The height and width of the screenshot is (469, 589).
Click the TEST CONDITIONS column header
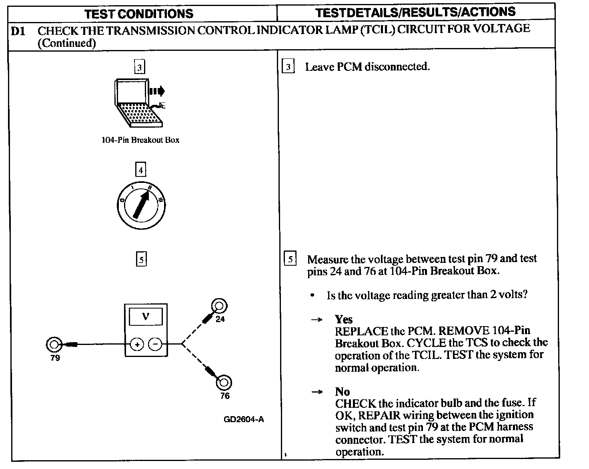pos(139,14)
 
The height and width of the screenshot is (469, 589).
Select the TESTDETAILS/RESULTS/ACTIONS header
pos(415,12)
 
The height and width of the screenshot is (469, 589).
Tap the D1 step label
pos(18,31)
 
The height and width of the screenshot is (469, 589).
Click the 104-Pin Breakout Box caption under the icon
pos(140,140)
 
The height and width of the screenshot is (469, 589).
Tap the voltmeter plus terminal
pos(137,344)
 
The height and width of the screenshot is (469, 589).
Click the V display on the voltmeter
pos(146,317)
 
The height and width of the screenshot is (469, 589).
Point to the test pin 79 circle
pos(54,344)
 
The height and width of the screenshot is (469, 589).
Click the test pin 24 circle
pos(219,306)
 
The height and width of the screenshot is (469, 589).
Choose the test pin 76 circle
pos(223,382)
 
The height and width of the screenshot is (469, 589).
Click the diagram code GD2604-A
pos(244,419)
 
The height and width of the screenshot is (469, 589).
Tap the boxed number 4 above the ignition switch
pos(140,170)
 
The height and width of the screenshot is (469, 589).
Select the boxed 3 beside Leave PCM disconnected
pos(288,67)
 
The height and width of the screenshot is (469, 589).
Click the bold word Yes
pos(344,319)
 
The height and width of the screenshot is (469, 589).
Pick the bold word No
pos(342,392)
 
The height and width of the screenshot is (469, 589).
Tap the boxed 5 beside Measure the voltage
pos(290,259)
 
